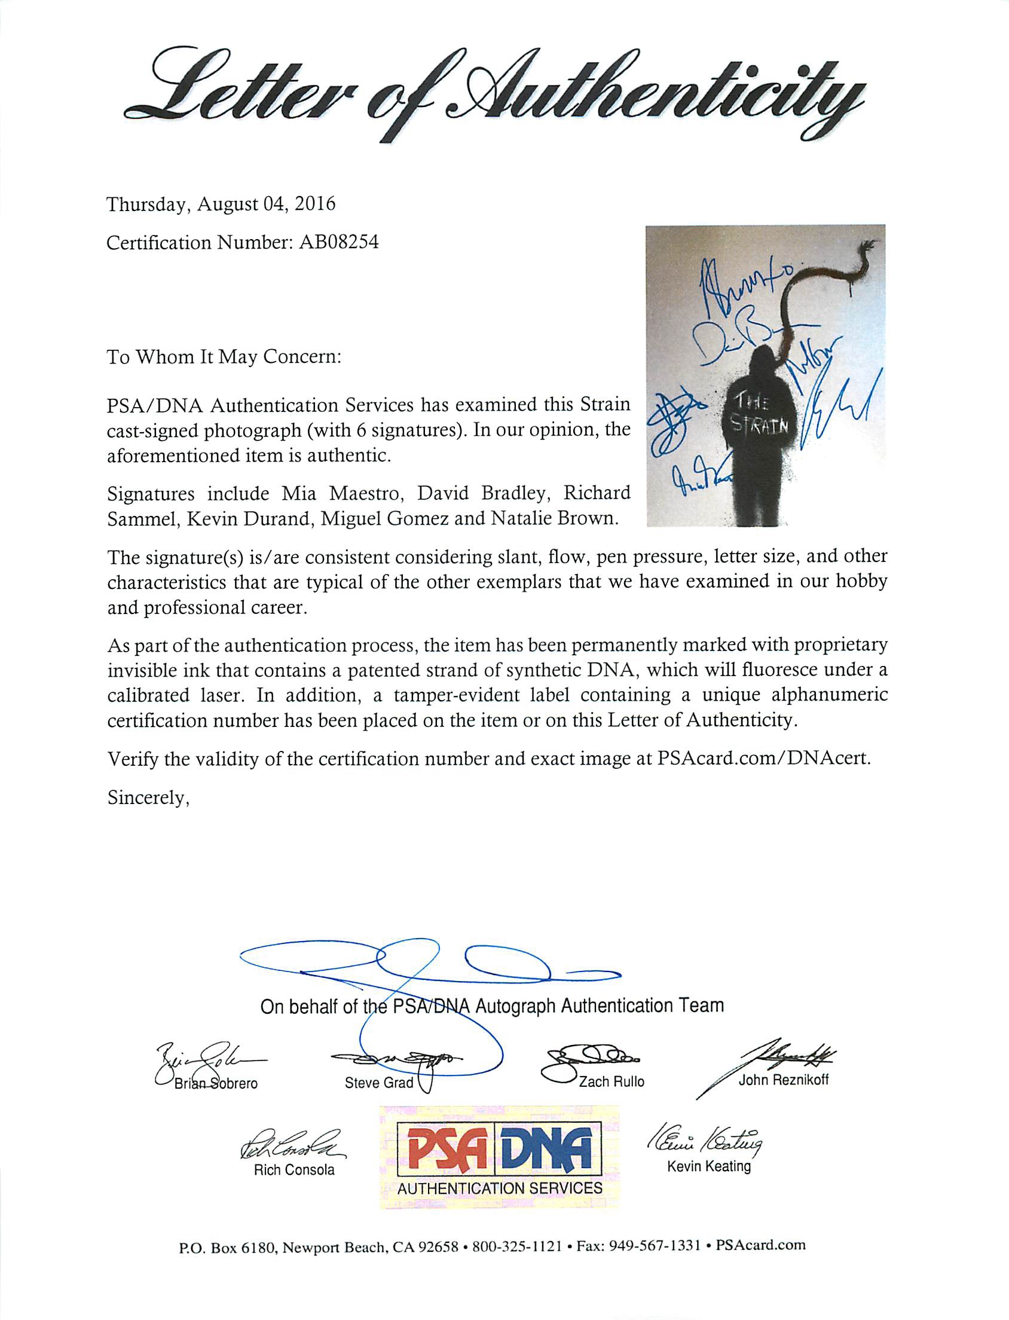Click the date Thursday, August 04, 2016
(221, 204)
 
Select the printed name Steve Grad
(379, 1082)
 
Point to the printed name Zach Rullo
(611, 1081)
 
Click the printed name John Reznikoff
(783, 1079)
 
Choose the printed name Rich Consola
(293, 1169)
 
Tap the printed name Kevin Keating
(709, 1166)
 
